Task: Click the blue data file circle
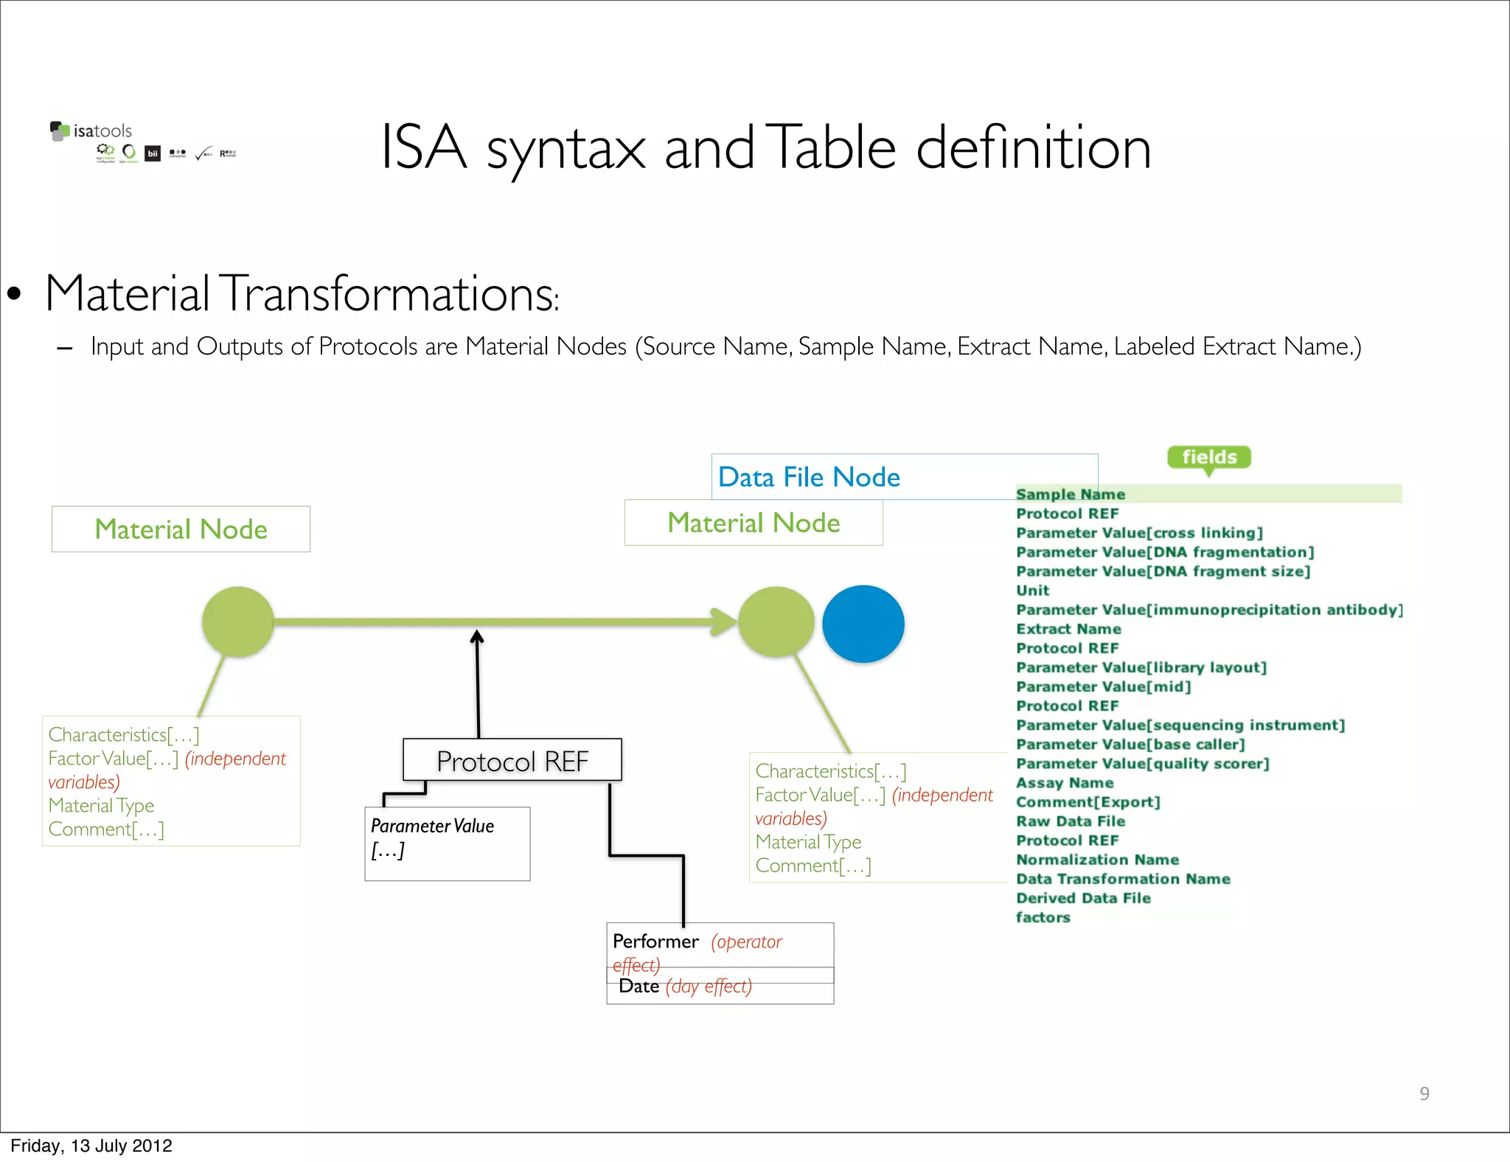tap(863, 624)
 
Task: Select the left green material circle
tap(237, 622)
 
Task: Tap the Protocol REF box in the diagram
tap(512, 760)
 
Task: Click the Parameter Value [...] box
tap(447, 843)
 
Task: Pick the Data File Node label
tap(809, 477)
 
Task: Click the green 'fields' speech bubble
tap(1208, 457)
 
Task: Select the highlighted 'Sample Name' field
tap(1070, 494)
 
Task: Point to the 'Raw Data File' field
tap(1070, 821)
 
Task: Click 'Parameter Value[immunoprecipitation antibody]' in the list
tap(1208, 610)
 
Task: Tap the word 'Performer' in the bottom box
tap(655, 942)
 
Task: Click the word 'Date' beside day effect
tap(639, 987)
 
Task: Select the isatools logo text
tap(102, 131)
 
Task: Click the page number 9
tap(1424, 1093)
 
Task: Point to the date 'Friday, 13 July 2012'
tap(91, 1146)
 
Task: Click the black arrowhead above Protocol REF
tap(477, 637)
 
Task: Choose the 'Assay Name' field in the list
tap(1064, 782)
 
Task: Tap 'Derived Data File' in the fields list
tap(1082, 898)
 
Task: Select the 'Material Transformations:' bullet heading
tap(302, 293)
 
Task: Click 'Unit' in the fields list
tap(1032, 590)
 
